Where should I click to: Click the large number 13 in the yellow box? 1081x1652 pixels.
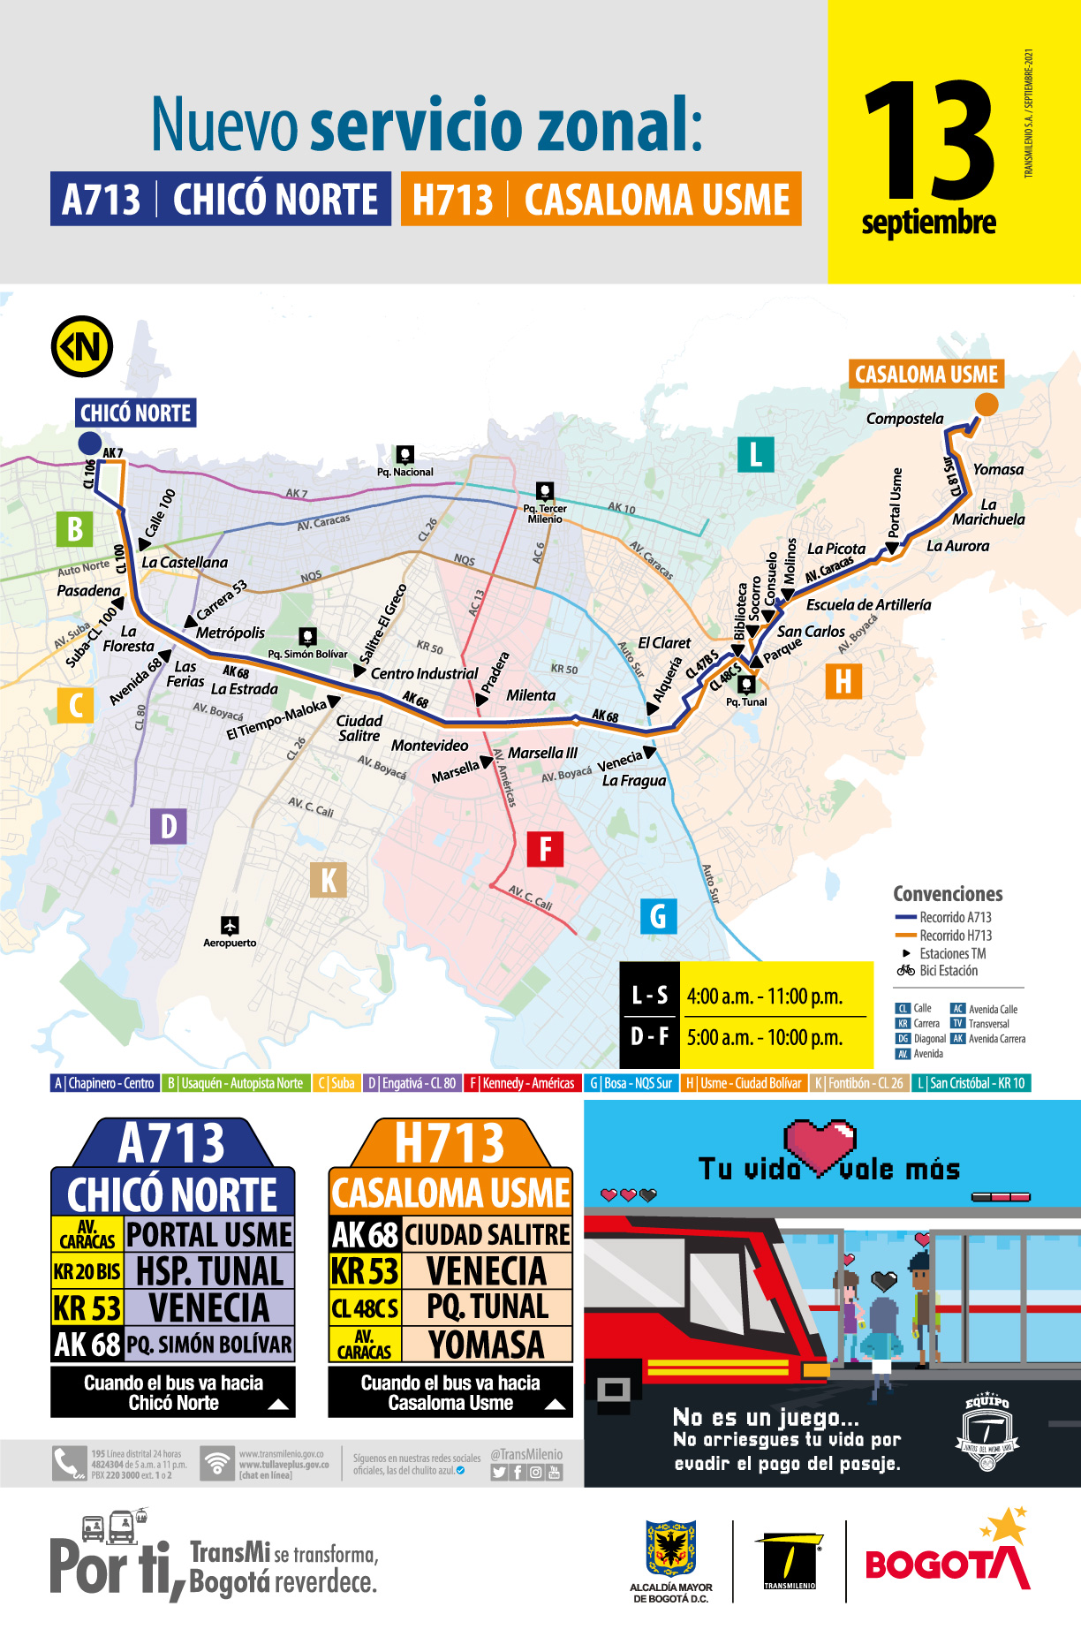point(929,141)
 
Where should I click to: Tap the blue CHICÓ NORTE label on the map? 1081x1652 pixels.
point(135,413)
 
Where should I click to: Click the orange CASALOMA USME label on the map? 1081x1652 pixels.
point(926,375)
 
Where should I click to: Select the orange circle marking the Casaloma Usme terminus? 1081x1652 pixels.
point(986,405)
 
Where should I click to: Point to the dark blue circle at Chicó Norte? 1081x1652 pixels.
point(89,443)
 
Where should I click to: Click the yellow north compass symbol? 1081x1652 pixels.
point(82,346)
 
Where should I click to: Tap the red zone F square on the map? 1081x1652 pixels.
point(545,849)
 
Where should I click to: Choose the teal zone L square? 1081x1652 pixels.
point(755,455)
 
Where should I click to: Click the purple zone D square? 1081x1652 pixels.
point(168,827)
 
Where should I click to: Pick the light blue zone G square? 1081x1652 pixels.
point(658,916)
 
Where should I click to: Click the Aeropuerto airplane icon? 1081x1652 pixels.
point(230,925)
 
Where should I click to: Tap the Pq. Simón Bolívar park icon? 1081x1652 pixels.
point(307,636)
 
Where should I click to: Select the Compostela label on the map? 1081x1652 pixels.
point(904,419)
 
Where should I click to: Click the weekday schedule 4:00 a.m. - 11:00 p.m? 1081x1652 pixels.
point(765,997)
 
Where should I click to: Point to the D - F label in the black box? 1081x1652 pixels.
point(649,1036)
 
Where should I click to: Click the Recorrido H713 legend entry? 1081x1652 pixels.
point(955,936)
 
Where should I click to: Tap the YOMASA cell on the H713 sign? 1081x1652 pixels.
point(487,1345)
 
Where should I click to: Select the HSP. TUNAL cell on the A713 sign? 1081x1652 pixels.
point(209,1271)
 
